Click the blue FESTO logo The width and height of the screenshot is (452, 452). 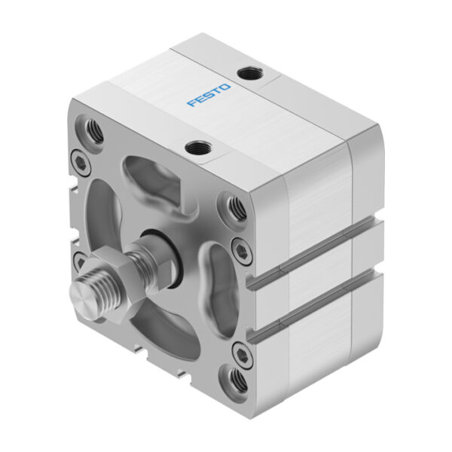point(209,96)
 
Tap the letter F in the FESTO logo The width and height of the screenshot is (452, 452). point(191,103)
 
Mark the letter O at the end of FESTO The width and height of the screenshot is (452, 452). point(227,89)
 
